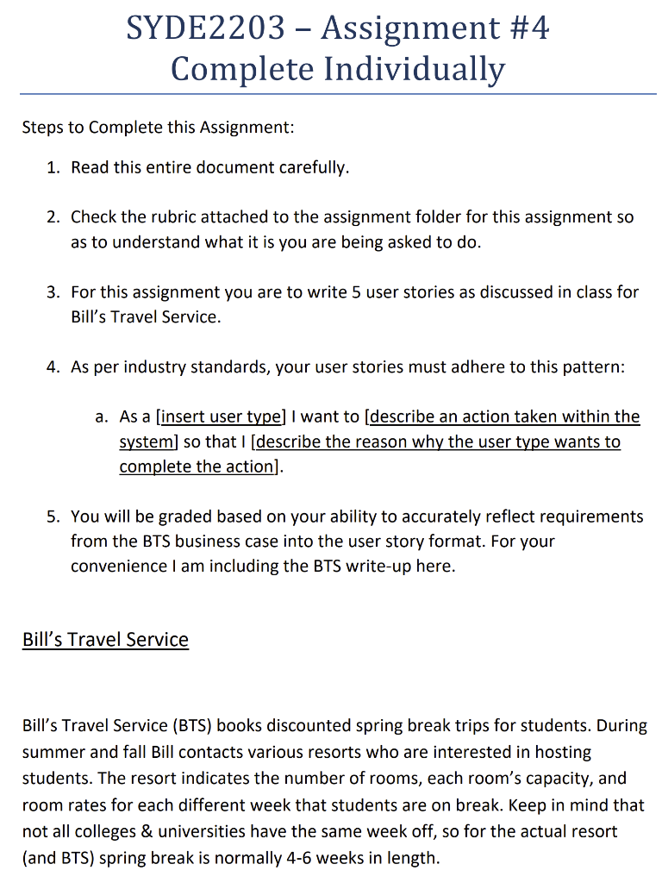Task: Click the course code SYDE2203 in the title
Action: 205,28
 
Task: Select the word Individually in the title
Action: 414,68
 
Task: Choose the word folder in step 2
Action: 447,216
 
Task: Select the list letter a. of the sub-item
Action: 103,416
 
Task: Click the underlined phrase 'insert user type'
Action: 220,416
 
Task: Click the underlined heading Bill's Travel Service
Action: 105,640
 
